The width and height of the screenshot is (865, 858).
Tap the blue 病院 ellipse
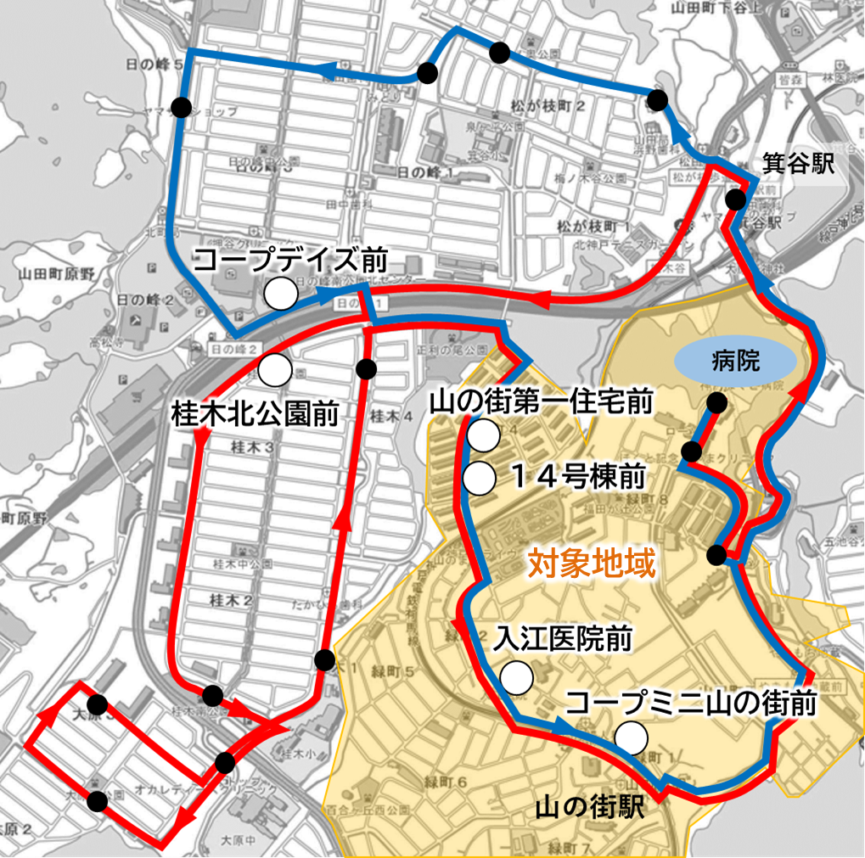736,364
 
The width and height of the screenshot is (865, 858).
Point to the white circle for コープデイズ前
281,294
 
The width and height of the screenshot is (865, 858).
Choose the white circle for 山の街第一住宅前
484,436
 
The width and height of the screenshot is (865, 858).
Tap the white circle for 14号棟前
480,478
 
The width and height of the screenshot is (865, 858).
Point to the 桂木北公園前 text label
255,413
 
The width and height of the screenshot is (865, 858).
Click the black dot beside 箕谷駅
736,200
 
